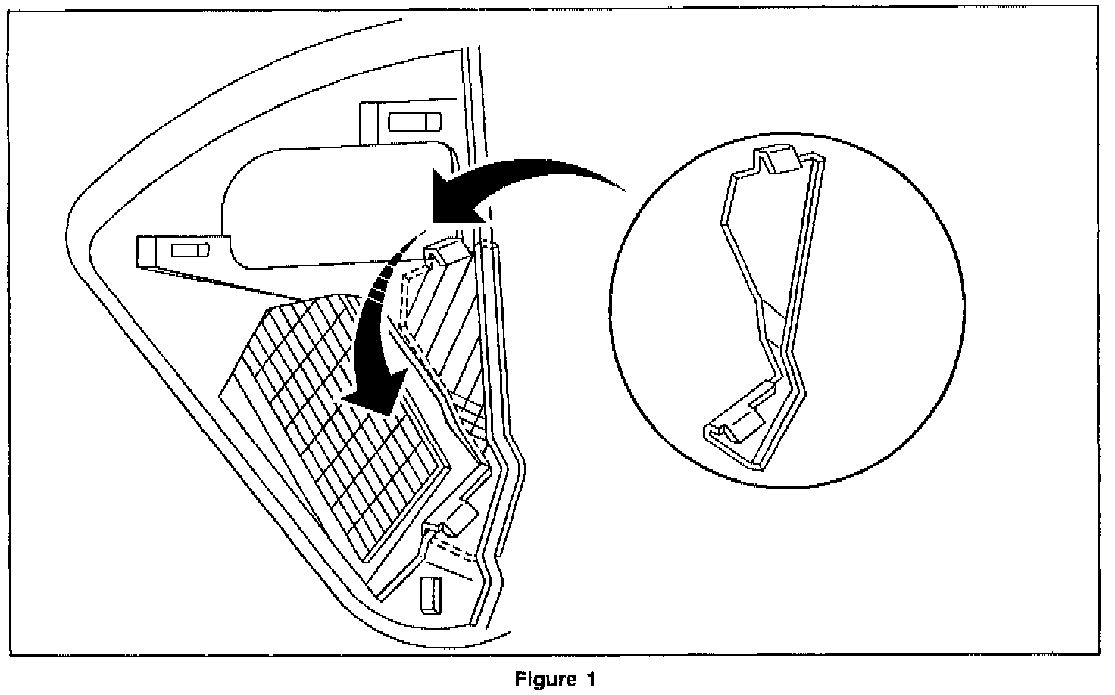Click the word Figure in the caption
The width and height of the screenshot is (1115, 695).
[546, 679]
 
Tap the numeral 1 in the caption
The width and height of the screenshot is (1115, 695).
[589, 679]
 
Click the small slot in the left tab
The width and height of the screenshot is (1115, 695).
[189, 251]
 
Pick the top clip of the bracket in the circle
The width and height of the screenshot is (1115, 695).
[780, 160]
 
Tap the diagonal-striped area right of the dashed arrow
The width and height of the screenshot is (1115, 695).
[447, 318]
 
